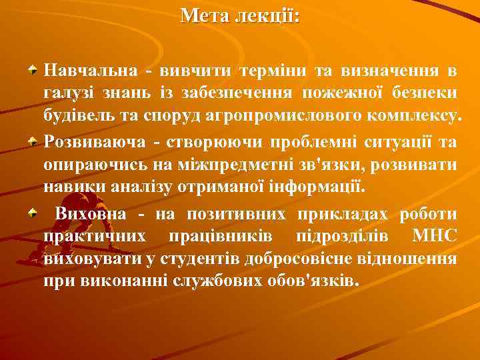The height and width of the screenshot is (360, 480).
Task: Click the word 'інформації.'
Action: [x=326, y=187]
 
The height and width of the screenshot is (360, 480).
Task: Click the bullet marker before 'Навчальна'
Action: [x=33, y=69]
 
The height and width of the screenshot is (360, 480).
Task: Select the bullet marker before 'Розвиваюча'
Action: [x=33, y=141]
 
